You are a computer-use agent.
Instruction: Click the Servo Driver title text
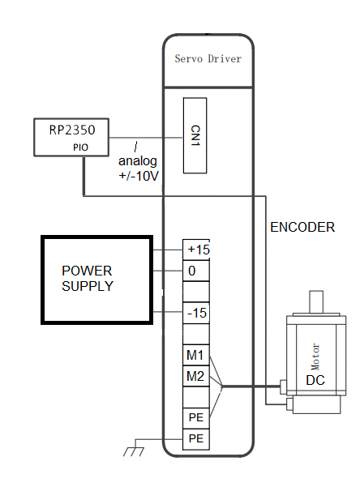click(208, 58)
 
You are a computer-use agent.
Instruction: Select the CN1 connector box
click(195, 135)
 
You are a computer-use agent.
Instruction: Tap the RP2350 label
click(72, 130)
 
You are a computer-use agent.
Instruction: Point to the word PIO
click(80, 147)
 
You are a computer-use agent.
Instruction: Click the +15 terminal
click(196, 250)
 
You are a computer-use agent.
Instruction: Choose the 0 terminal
click(196, 271)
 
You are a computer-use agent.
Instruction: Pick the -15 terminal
click(196, 313)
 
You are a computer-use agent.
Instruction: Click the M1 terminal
click(196, 355)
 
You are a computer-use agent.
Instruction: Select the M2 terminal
click(196, 376)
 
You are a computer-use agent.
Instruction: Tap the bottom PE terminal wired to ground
click(196, 439)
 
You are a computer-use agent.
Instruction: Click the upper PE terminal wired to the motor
click(196, 418)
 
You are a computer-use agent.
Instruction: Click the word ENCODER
click(302, 227)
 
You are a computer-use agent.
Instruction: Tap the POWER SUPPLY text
click(87, 279)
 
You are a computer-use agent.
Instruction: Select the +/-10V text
click(139, 176)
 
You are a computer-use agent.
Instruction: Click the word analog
click(138, 161)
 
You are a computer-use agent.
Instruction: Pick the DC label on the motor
click(315, 380)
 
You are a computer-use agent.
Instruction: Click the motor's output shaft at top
click(316, 302)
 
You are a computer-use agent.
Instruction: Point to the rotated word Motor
click(315, 357)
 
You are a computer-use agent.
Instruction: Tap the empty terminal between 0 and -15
click(196, 292)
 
